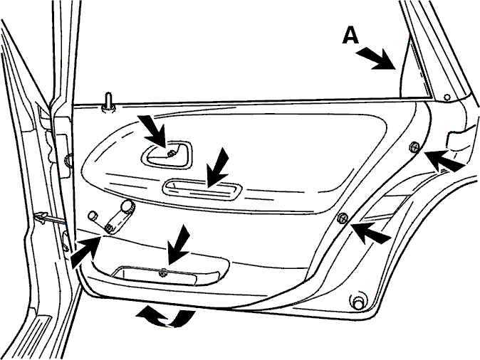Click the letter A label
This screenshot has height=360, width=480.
point(350,35)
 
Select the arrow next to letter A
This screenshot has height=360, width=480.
point(376,59)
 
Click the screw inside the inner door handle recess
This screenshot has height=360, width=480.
point(171,153)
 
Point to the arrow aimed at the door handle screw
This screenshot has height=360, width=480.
point(153,132)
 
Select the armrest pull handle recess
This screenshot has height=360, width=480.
point(202,189)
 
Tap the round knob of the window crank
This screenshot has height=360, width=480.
point(127,206)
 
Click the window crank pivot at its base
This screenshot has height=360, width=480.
point(108,228)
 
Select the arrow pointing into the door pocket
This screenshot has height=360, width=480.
point(179,245)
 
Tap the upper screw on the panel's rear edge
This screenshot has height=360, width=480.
point(414,147)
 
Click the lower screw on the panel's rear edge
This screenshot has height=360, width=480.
point(343,218)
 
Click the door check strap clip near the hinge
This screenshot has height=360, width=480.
point(41,218)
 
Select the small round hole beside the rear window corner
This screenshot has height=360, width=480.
point(447,97)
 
